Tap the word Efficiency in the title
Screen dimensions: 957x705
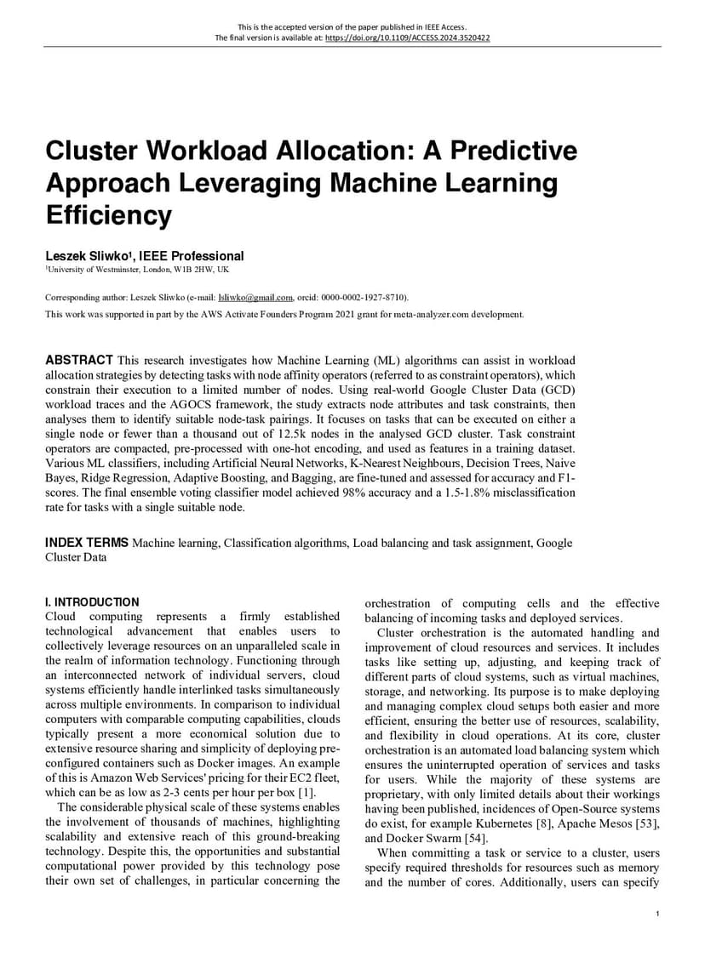[x=108, y=215]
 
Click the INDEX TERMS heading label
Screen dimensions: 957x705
[x=87, y=543]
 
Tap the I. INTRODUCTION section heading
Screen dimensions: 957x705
[x=92, y=602]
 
